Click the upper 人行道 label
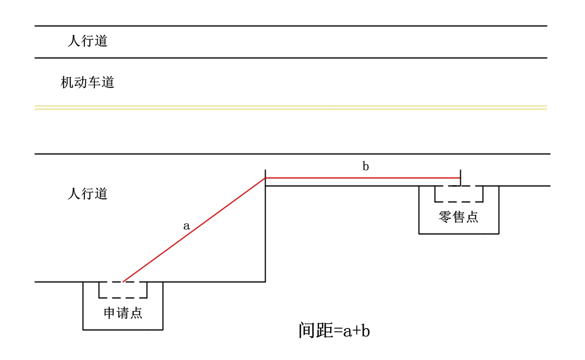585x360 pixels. tap(87, 41)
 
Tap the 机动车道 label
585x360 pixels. tap(87, 83)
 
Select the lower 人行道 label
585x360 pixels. tap(87, 194)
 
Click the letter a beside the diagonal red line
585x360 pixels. tap(187, 226)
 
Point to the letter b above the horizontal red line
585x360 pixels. tap(366, 166)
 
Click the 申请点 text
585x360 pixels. tap(123, 313)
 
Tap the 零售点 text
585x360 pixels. tap(459, 217)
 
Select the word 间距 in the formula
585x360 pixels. tap(316, 331)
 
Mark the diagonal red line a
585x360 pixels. tap(194, 229)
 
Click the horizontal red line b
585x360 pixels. tap(363, 178)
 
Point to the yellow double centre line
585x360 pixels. tap(291, 108)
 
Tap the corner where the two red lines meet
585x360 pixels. tap(266, 178)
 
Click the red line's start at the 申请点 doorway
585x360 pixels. tap(123, 281)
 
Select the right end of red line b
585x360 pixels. tap(460, 178)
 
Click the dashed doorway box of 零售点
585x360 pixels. tap(459, 194)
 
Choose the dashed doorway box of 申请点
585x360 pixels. tap(123, 290)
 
